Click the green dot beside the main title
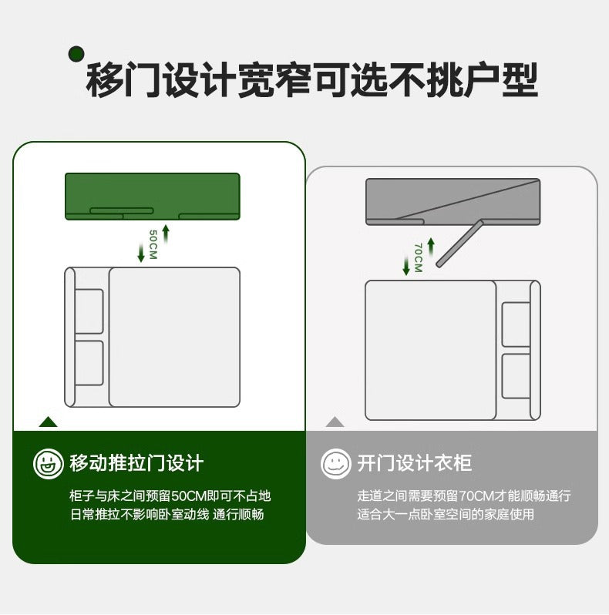coord(76,53)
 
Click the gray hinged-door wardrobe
coord(453,200)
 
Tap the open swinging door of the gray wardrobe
coord(459,244)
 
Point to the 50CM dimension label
coord(153,244)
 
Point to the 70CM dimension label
coord(418,258)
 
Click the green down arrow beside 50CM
coord(140,253)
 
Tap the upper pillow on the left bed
coord(89,311)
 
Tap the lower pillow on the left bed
coord(89,363)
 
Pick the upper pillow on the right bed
coord(516,324)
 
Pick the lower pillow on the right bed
coord(516,375)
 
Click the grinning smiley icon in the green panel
coord(48,464)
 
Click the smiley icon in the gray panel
coord(335,464)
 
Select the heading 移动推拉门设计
coord(136,463)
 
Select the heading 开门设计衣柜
coord(414,463)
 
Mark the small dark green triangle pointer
coord(49,422)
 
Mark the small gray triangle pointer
coord(335,422)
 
